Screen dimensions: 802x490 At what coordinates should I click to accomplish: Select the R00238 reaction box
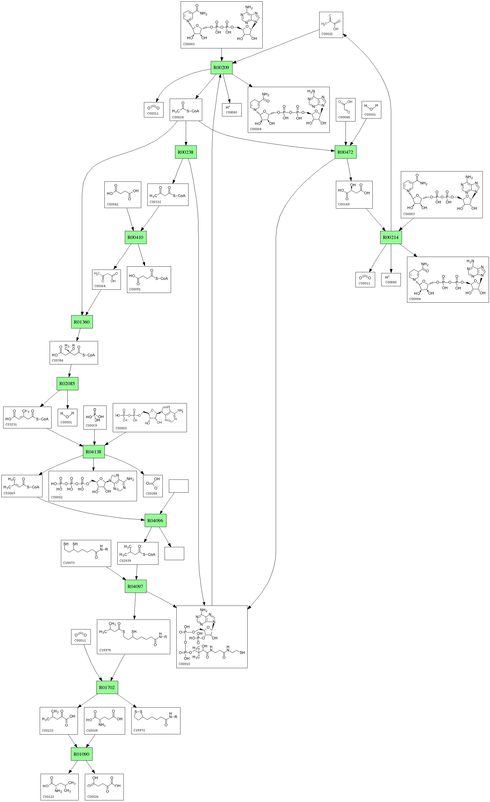186,152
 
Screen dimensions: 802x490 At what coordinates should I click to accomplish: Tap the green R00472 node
345,152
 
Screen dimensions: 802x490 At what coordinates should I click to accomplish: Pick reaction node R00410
136,237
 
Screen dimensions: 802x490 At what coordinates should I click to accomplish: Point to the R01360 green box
82,322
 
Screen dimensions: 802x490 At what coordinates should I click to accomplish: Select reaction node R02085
67,384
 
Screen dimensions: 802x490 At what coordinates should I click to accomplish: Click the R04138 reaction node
94,452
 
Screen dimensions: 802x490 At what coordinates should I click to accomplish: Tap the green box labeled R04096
155,520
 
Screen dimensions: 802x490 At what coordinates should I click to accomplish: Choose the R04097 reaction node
136,586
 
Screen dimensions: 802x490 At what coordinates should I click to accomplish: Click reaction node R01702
107,687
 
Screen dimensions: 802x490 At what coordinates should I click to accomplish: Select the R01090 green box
82,754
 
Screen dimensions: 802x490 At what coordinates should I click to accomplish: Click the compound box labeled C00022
331,25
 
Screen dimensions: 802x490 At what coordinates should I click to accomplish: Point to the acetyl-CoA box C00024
186,110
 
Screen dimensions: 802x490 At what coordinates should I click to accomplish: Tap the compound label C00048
344,117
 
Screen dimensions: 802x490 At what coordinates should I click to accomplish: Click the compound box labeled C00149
354,195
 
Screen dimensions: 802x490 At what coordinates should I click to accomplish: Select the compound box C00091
148,280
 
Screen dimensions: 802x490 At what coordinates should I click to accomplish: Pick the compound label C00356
57,361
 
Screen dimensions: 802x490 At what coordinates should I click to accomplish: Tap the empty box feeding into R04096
179,486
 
